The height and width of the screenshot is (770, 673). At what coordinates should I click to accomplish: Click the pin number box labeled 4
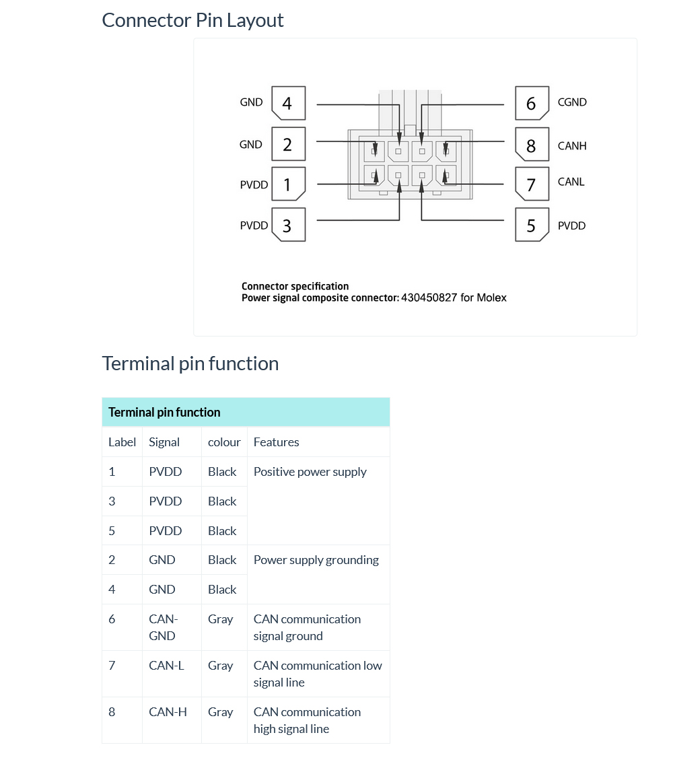click(x=288, y=103)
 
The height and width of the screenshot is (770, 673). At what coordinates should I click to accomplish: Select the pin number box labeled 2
click(x=288, y=144)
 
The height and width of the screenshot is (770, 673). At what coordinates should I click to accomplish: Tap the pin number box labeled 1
click(x=288, y=184)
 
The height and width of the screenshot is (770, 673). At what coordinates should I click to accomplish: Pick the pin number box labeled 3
click(x=288, y=225)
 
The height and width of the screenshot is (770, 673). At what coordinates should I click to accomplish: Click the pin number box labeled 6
click(x=532, y=103)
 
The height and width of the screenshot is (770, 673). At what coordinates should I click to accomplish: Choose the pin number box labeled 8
click(x=532, y=145)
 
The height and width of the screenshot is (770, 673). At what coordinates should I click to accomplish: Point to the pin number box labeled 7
click(x=532, y=184)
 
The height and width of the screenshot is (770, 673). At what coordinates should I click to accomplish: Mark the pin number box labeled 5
click(x=532, y=225)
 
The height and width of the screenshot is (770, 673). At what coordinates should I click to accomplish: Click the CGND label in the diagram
click(x=572, y=102)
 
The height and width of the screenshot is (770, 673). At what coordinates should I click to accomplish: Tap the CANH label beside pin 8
click(x=572, y=145)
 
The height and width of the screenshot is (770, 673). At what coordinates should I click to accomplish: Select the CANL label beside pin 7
click(x=571, y=182)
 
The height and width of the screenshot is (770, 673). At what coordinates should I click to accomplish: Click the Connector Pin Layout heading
click(x=192, y=20)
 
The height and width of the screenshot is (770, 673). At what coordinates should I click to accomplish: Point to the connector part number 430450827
click(x=429, y=297)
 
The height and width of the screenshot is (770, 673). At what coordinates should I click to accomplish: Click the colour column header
click(x=224, y=442)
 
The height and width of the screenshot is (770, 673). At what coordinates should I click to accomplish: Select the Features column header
click(x=276, y=442)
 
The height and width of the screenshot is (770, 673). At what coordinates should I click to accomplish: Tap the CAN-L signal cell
click(x=166, y=666)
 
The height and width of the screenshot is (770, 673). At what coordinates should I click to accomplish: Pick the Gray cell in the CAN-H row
click(x=220, y=712)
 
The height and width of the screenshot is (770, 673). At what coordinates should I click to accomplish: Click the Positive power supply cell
click(x=310, y=472)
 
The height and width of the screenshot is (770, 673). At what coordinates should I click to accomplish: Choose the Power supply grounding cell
click(x=316, y=560)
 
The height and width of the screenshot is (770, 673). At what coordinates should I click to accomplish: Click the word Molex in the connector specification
click(x=491, y=297)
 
